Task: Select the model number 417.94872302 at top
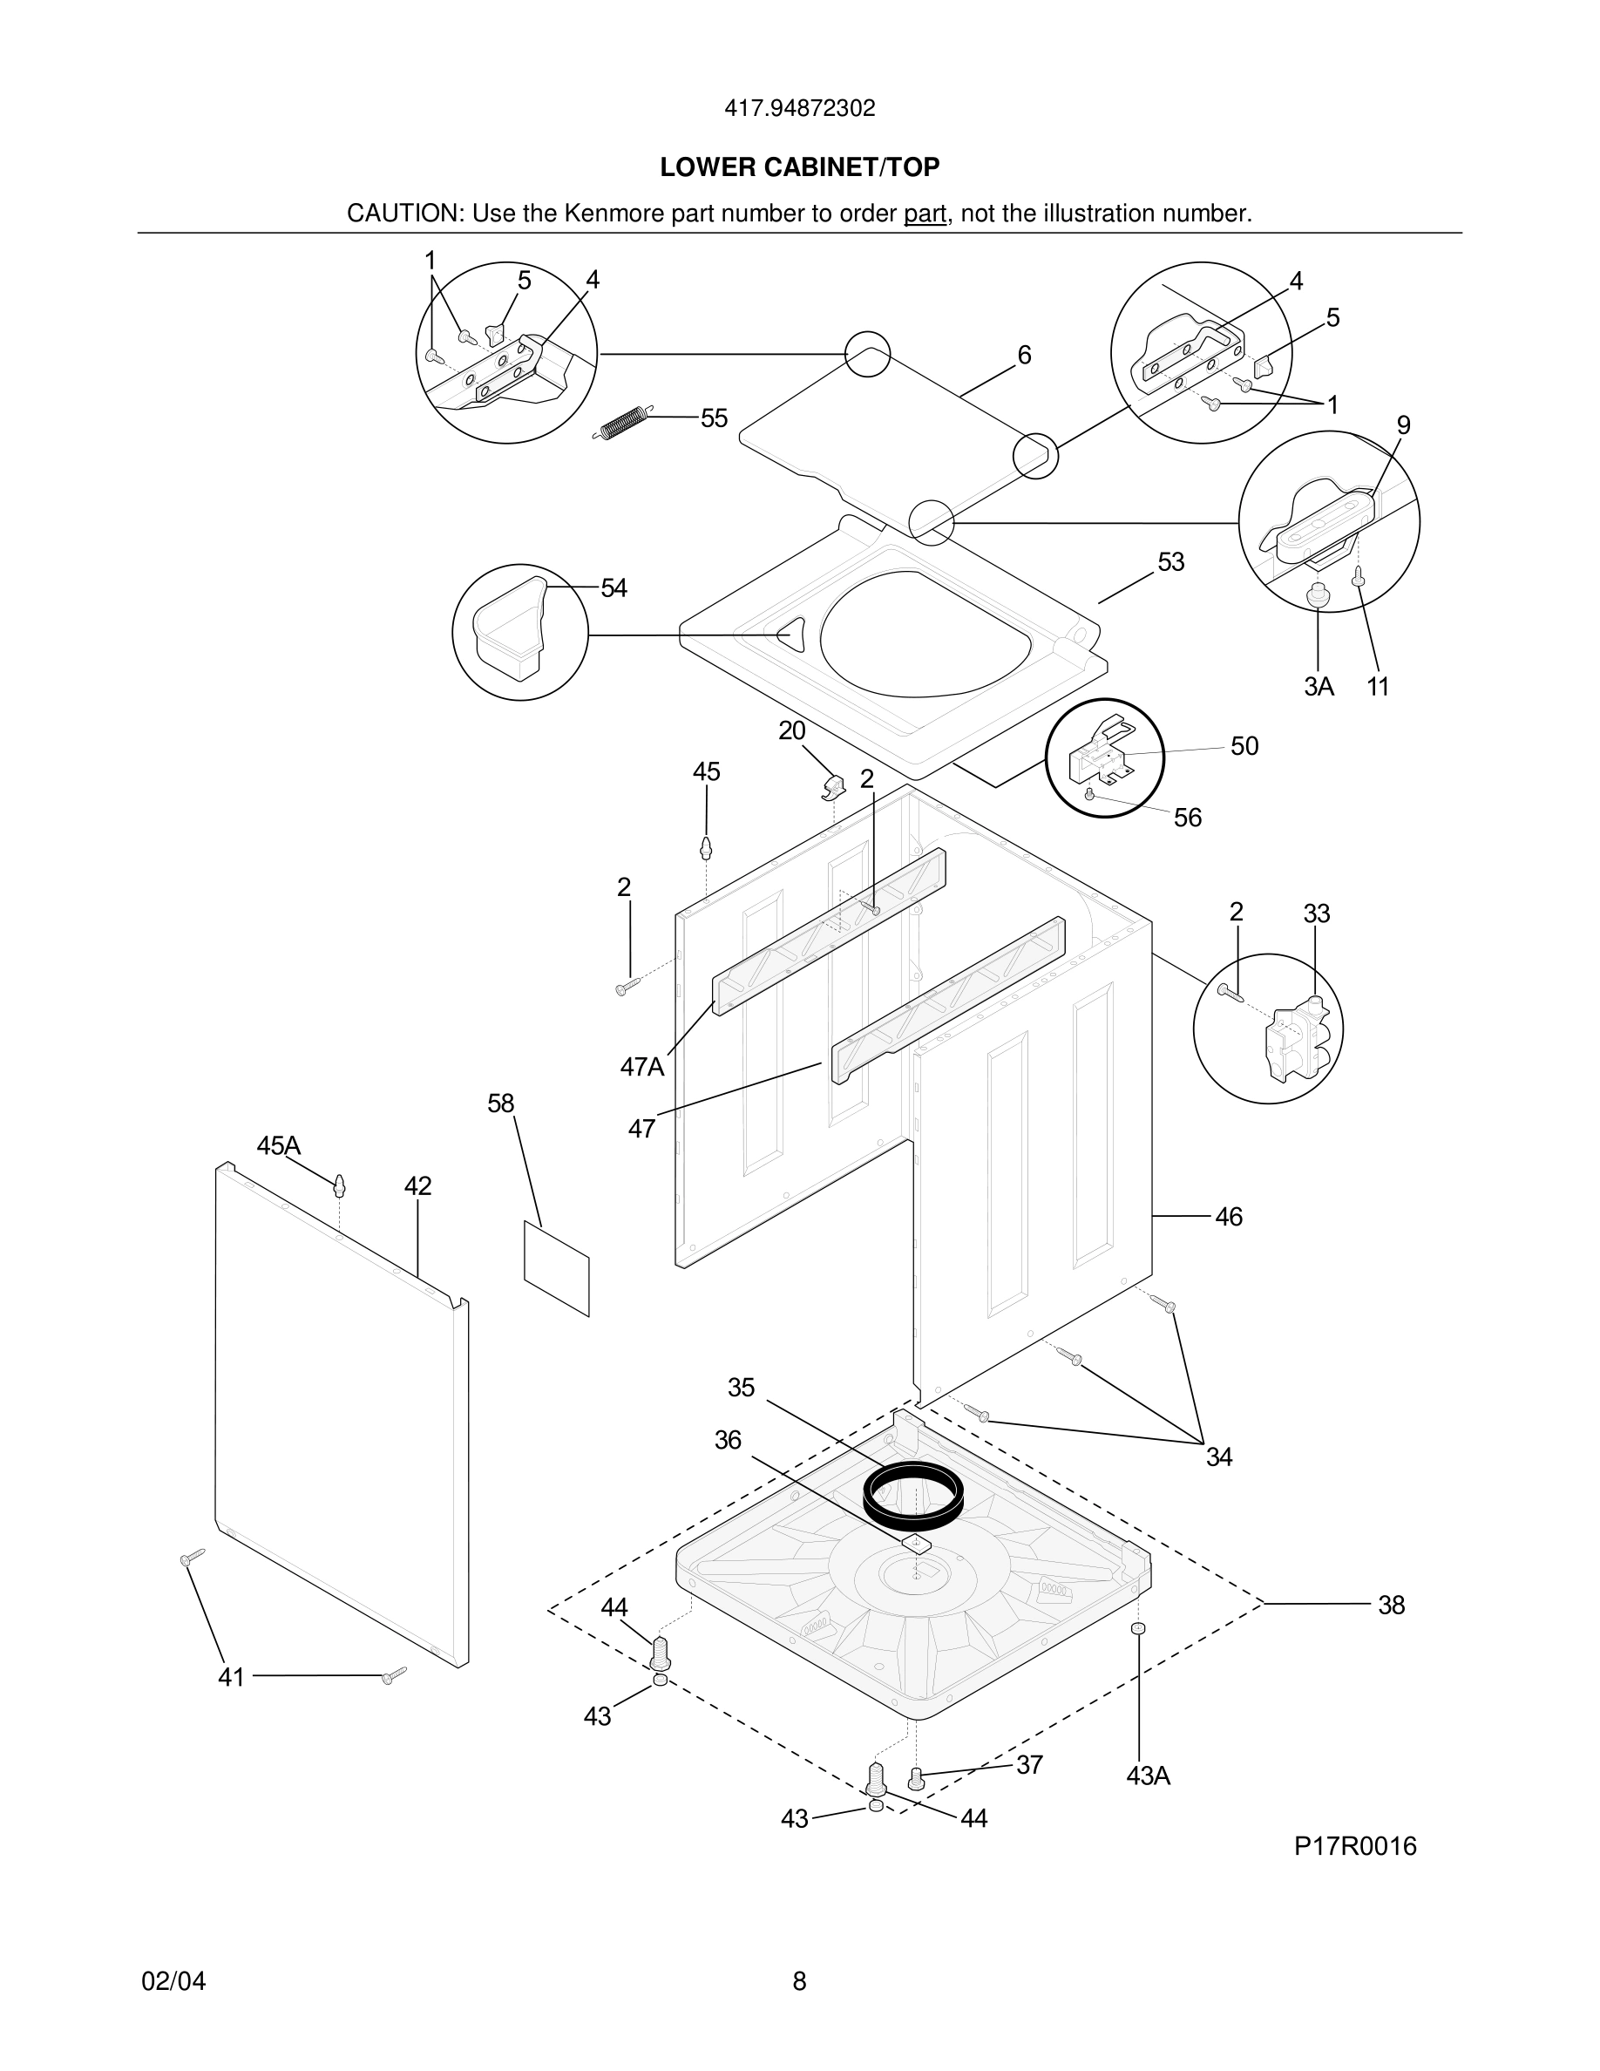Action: [799, 109]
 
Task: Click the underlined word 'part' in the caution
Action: [924, 214]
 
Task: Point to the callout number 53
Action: [1170, 562]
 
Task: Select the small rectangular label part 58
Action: [556, 1268]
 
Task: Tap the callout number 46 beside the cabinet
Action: [1229, 1217]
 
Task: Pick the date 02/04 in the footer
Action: [173, 1981]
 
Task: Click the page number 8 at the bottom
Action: [799, 1981]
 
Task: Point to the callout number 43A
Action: [1148, 1776]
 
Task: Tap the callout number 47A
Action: [641, 1067]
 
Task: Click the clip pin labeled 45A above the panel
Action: [339, 1185]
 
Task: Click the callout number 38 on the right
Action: [1391, 1606]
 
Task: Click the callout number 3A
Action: [1319, 687]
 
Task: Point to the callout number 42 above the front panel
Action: [418, 1186]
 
